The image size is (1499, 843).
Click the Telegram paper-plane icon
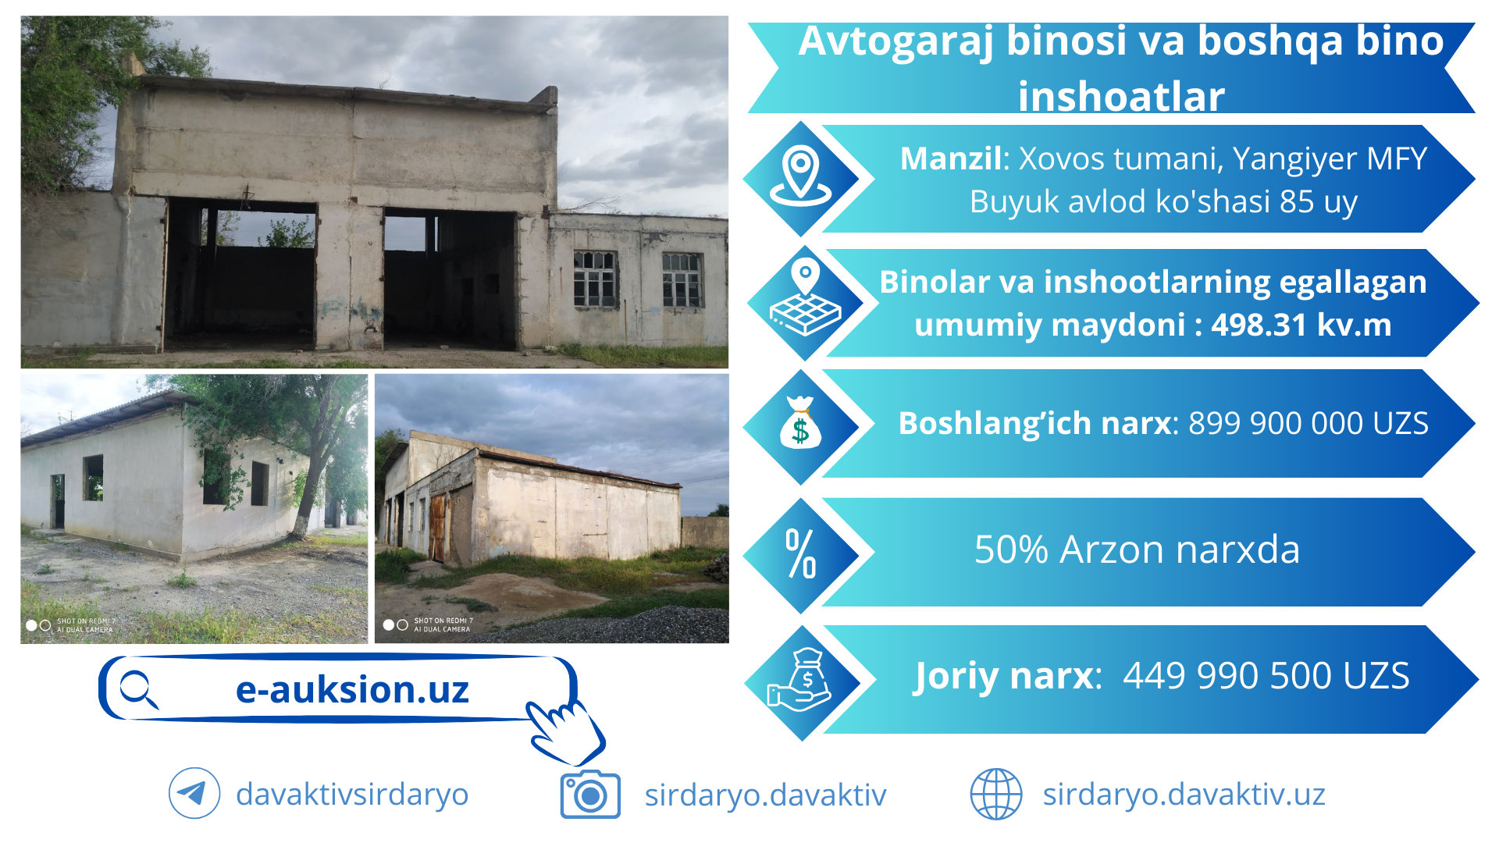[194, 793]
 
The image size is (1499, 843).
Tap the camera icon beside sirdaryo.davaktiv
[590, 795]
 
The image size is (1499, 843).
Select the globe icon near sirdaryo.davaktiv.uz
[996, 794]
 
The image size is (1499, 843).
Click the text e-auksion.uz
[352, 690]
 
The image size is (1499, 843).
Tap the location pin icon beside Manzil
[801, 176]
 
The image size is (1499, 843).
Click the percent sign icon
[801, 553]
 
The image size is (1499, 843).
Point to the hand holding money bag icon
[799, 680]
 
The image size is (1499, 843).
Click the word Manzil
[951, 159]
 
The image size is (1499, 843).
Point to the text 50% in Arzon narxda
[1011, 550]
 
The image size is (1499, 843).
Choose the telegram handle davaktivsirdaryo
[352, 795]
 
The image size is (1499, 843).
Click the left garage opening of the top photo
[240, 272]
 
